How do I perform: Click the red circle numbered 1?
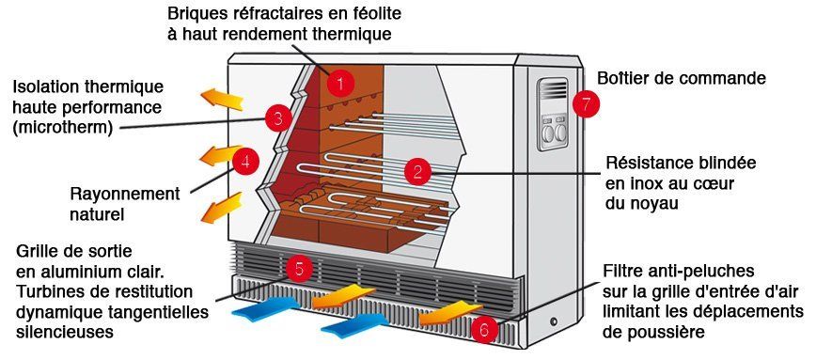(x=339, y=84)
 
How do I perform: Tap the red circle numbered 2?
(x=416, y=172)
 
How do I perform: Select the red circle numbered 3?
(x=278, y=119)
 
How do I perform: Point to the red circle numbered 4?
(x=245, y=162)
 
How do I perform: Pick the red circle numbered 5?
(x=299, y=269)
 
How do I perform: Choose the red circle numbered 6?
(x=484, y=329)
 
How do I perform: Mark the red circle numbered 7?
(x=586, y=104)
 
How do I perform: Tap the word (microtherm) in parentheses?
(x=62, y=127)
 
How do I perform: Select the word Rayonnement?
(x=125, y=195)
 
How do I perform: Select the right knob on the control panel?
(x=560, y=133)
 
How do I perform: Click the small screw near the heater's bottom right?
(x=553, y=322)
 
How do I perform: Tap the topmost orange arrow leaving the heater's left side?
(x=222, y=99)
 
